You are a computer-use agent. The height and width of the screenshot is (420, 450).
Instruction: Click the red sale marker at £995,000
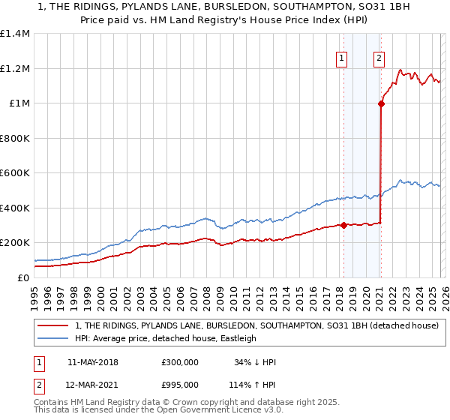pyautogui.click(x=381, y=104)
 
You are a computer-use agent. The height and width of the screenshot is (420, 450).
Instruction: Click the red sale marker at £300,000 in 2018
pyautogui.click(x=343, y=225)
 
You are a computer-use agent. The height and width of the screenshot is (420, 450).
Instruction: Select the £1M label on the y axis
pyautogui.click(x=19, y=103)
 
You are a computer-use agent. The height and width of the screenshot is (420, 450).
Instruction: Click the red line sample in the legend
pyautogui.click(x=52, y=326)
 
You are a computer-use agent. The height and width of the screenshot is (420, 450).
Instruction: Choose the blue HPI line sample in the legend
pyautogui.click(x=52, y=338)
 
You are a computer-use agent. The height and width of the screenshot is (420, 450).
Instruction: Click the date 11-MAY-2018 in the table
pyautogui.click(x=92, y=362)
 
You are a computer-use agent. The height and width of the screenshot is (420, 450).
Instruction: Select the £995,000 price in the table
pyautogui.click(x=180, y=385)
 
